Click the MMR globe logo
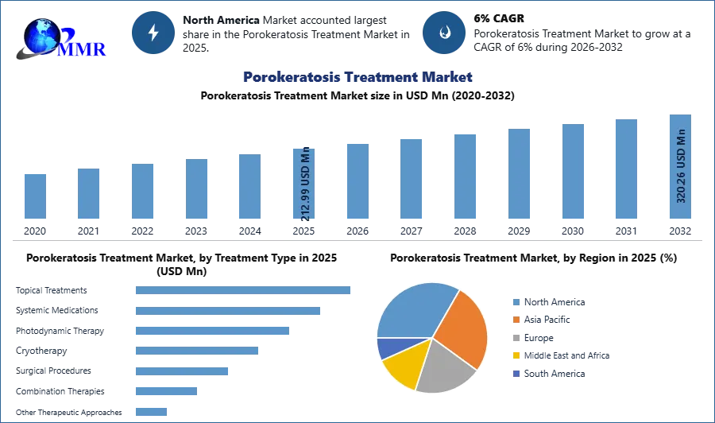coord(60,38)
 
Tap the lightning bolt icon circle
coord(153,33)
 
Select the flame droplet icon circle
coord(444,33)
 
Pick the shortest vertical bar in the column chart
coord(35,197)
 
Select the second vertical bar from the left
coord(89,194)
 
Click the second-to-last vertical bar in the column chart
coord(626,169)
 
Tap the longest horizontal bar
coord(244,292)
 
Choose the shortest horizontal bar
coord(152,413)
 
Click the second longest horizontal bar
coord(228,312)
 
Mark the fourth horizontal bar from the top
coord(196,350)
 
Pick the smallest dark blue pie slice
coord(388,347)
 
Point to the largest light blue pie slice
coord(413,310)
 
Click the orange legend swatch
coord(516,320)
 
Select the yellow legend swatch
coord(516,355)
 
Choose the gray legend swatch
coord(516,338)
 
